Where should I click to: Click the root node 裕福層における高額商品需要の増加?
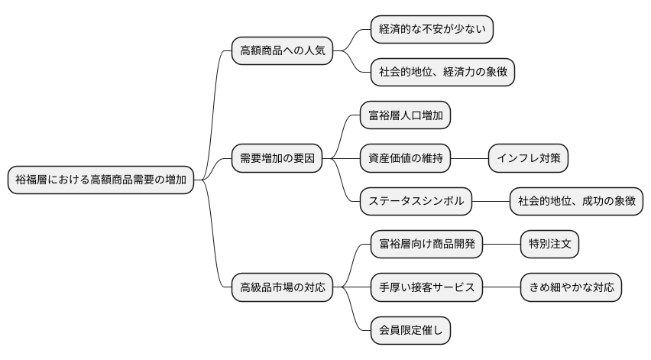click(100, 180)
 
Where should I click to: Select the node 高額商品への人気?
click(282, 51)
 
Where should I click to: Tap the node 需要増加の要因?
click(277, 159)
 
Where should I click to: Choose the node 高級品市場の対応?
click(282, 287)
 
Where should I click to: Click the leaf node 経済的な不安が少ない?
click(432, 30)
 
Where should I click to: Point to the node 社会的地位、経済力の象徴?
click(442, 73)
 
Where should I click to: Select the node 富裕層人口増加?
click(405, 116)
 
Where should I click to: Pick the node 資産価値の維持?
click(405, 159)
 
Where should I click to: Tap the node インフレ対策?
click(528, 159)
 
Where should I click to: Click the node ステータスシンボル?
click(416, 202)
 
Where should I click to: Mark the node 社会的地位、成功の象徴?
click(576, 202)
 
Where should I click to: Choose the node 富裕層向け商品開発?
click(426, 245)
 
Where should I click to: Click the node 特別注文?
click(549, 245)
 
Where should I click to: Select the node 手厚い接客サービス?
click(426, 287)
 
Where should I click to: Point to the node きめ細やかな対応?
click(571, 287)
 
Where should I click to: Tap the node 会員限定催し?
click(410, 330)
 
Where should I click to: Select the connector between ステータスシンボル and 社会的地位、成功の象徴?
click(491, 202)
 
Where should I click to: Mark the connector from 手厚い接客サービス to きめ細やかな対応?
click(501, 287)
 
